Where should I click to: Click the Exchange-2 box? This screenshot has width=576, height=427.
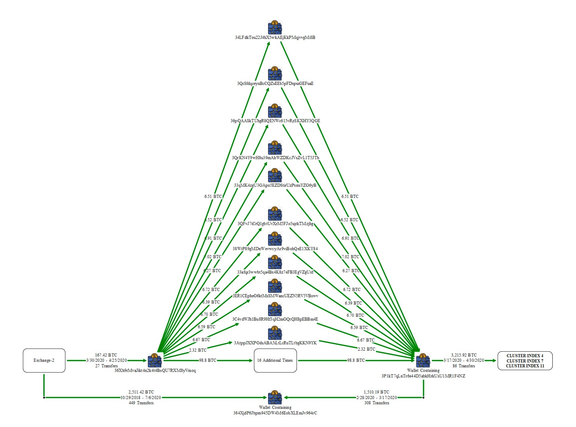pyautogui.click(x=44, y=360)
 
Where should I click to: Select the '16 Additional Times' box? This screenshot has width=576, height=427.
pyautogui.click(x=275, y=360)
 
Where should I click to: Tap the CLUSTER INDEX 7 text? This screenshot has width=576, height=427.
pyautogui.click(x=525, y=361)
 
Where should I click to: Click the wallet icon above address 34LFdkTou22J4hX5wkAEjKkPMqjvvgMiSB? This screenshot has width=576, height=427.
pyautogui.click(x=275, y=28)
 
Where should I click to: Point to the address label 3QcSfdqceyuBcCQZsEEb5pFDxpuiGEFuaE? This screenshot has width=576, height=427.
pyautogui.click(x=275, y=83)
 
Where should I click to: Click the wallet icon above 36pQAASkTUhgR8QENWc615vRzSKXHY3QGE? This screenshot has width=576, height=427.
pyautogui.click(x=275, y=111)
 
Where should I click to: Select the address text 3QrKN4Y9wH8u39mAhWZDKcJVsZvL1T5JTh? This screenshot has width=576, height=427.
pyautogui.click(x=275, y=158)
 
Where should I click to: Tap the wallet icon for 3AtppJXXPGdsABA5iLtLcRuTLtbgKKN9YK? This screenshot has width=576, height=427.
pyautogui.click(x=275, y=333)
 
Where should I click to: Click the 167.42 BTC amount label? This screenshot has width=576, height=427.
pyautogui.click(x=106, y=355)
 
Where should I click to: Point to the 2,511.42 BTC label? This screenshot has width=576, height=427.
pyautogui.click(x=141, y=392)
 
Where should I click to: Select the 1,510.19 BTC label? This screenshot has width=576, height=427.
pyautogui.click(x=376, y=392)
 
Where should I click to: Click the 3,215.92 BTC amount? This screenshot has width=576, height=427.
pyautogui.click(x=464, y=355)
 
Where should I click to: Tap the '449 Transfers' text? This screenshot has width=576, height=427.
pyautogui.click(x=141, y=403)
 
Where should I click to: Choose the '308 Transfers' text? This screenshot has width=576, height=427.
pyautogui.click(x=377, y=403)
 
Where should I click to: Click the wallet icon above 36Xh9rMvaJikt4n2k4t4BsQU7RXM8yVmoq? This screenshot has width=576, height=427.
pyautogui.click(x=155, y=361)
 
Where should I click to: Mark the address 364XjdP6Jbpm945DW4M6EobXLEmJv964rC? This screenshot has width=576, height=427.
pyautogui.click(x=275, y=413)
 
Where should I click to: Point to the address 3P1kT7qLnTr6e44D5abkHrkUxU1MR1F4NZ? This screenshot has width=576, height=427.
pyautogui.click(x=423, y=376)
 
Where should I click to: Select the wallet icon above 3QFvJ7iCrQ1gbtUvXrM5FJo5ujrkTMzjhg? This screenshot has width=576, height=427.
pyautogui.click(x=275, y=214)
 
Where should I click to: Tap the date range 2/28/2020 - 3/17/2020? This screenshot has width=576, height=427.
pyautogui.click(x=376, y=398)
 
